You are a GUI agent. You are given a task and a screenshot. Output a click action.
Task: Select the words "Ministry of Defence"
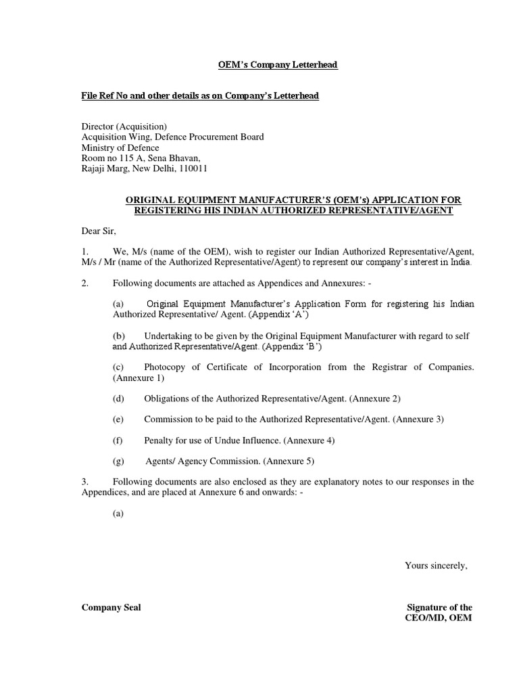120,148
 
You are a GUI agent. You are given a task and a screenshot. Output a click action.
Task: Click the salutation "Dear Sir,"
99,231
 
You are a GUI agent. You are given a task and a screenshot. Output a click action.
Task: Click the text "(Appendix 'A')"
282,315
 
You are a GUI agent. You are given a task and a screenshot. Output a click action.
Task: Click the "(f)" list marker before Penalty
118,441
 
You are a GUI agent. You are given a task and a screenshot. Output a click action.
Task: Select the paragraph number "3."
85,482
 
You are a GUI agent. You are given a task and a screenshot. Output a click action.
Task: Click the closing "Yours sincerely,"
436,566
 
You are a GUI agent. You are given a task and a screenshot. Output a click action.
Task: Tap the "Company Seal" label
112,608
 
